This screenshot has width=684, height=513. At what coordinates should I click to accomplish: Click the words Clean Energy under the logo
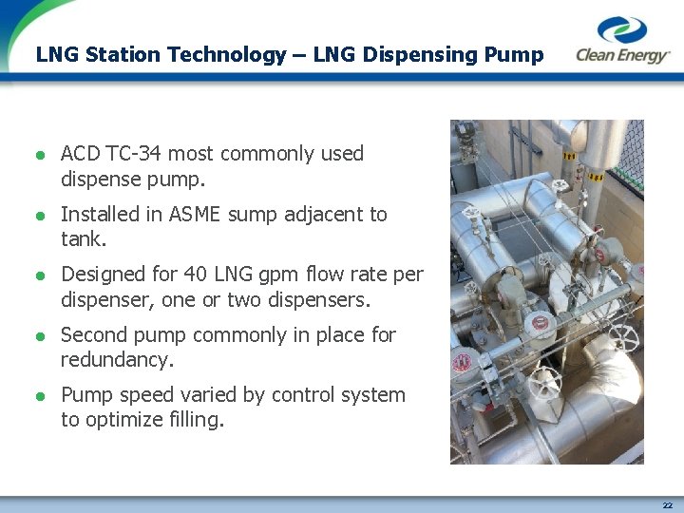pos(623,56)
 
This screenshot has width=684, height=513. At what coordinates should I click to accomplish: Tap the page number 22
pos(668,505)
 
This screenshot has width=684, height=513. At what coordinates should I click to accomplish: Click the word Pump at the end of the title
pos(513,54)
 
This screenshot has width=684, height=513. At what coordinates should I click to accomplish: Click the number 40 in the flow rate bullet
pos(195,275)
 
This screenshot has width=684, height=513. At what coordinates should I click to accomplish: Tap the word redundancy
pos(116,360)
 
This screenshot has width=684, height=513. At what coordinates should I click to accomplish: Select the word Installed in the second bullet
pos(99,215)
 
